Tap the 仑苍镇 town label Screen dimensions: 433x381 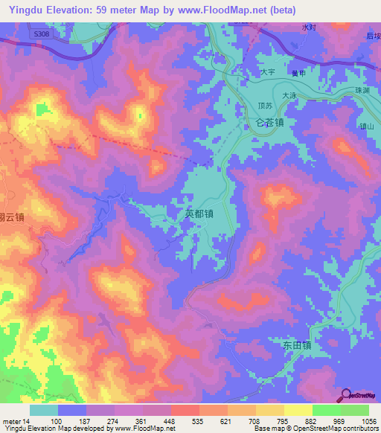click(x=269, y=124)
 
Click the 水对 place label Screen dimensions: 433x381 click(x=309, y=28)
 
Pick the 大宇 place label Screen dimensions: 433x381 click(x=268, y=72)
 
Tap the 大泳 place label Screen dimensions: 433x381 click(x=289, y=94)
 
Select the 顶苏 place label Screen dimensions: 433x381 click(x=264, y=106)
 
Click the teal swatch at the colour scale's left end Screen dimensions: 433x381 click(x=43, y=410)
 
